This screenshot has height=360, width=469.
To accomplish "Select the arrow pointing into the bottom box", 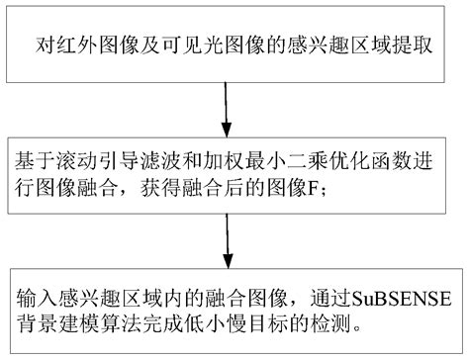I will point(227,242).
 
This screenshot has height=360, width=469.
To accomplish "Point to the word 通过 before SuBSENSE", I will point(331,295).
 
